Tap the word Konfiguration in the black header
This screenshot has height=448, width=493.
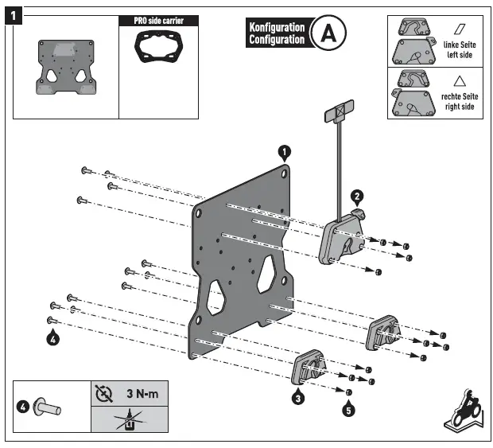pos(277,27)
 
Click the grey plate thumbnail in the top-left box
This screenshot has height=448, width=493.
pos(65,69)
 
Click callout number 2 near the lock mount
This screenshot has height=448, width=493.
pos(358,196)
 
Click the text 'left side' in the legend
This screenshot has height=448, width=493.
pos(459,55)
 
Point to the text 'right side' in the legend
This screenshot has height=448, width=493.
pos(459,106)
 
